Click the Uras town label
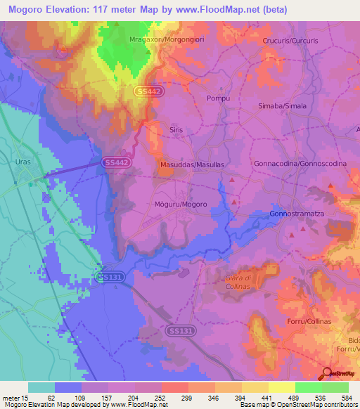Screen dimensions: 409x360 point(23,162)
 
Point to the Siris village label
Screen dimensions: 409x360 point(176,130)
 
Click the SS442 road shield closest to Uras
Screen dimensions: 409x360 point(116,162)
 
